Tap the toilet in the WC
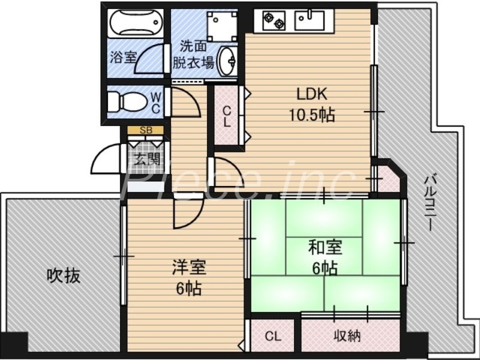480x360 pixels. pyautogui.click(x=127, y=101)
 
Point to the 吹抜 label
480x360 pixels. pyautogui.click(x=64, y=276)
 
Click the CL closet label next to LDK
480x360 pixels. pyautogui.click(x=227, y=116)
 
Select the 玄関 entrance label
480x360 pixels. pyautogui.click(x=146, y=159)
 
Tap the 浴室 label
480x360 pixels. pyautogui.click(x=123, y=58)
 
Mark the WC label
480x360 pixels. pyautogui.click(x=155, y=102)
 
